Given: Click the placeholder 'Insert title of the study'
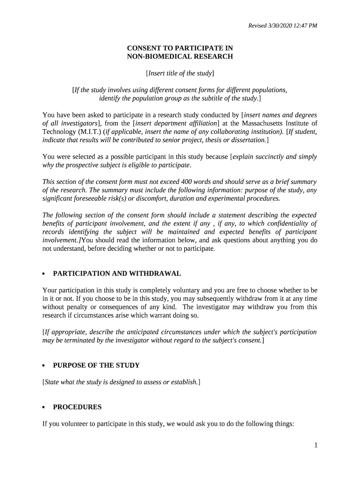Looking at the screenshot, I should pyautogui.click(x=180, y=73).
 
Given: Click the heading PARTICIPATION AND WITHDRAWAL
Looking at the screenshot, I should pyautogui.click(x=117, y=273).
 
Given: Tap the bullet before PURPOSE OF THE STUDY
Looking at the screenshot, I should pyautogui.click(x=43, y=366).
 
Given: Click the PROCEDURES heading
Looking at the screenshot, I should pyautogui.click(x=77, y=407).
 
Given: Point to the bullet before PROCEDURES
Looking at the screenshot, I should pyautogui.click(x=43, y=407).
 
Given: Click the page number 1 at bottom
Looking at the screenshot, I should pyautogui.click(x=316, y=445).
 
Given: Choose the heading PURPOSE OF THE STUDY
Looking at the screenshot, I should pyautogui.click(x=96, y=365).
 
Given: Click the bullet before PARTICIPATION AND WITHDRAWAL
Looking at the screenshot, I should pyautogui.click(x=43, y=274).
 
